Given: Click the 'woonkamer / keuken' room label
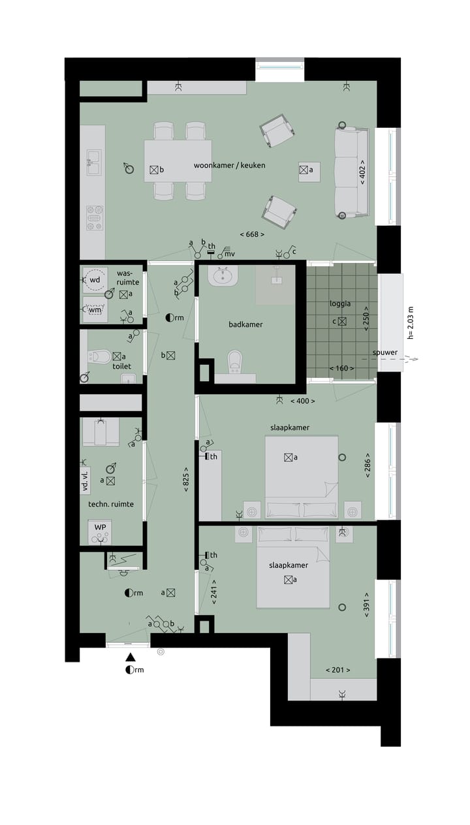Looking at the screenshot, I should click(229, 165).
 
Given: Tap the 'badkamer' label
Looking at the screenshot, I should click(245, 324).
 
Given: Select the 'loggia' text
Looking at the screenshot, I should click(341, 304).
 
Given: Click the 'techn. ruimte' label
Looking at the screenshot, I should click(111, 504).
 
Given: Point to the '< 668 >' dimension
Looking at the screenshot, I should click(254, 234).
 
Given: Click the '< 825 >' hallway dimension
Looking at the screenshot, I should click(186, 480).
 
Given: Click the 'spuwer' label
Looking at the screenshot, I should click(385, 352).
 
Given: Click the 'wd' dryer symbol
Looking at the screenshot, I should click(95, 280).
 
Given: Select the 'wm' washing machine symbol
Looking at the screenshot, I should click(95, 309).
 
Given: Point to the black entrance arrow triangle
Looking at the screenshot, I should click(131, 657).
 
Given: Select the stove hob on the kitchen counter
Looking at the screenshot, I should click(94, 217).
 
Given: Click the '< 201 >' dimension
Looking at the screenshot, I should click(338, 670).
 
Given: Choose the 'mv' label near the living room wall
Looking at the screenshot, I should click(229, 253).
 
